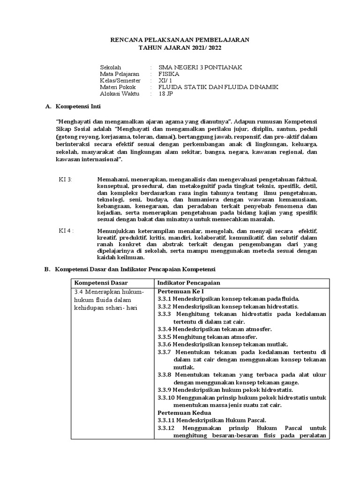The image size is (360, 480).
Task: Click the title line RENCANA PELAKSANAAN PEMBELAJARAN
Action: click(180, 40)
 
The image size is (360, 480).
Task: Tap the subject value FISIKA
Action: click(169, 74)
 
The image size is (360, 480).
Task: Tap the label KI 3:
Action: click(65, 180)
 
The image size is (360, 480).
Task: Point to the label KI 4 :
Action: click(66, 231)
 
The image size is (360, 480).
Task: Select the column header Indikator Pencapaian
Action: click(189, 283)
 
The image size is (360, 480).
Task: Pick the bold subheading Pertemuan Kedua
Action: click(181, 412)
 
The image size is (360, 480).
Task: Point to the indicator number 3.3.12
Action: click(166, 428)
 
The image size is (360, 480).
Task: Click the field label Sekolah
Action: click(111, 67)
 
